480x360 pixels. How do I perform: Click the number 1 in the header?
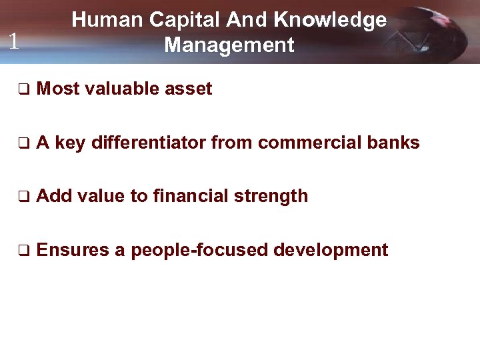point(13,42)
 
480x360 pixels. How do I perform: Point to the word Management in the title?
point(229,45)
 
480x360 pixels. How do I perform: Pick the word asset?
point(188,89)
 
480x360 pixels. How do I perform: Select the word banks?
point(395,143)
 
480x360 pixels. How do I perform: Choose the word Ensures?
point(73,251)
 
